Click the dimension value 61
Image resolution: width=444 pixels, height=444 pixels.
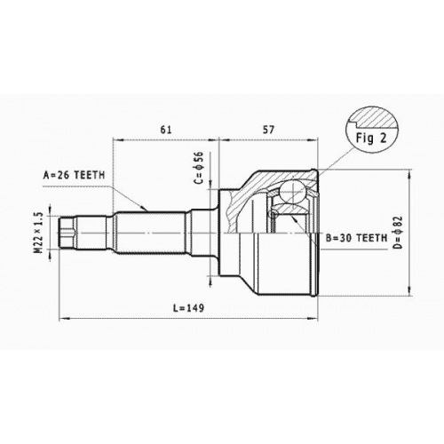tap(166, 130)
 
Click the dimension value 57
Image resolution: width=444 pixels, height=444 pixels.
tap(268, 130)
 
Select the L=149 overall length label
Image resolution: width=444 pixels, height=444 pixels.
tap(189, 308)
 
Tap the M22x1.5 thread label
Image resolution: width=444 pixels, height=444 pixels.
tap(39, 233)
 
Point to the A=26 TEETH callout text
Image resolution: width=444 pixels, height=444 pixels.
tap(74, 175)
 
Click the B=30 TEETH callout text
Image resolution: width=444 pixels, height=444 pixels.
tap(356, 238)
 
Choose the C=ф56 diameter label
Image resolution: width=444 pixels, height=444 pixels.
tap(200, 168)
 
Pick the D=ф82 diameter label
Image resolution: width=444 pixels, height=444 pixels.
tap(399, 233)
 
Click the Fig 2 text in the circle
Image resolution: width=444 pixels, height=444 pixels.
tap(371, 139)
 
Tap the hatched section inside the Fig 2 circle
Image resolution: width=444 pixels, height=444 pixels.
tap(374, 120)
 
